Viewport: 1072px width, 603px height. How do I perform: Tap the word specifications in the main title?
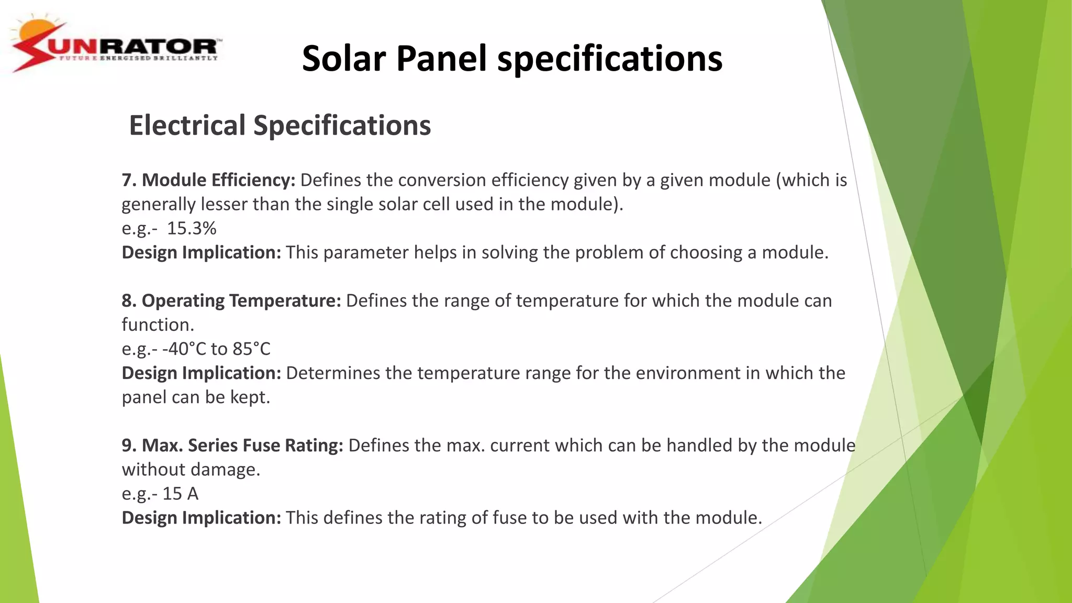click(x=610, y=59)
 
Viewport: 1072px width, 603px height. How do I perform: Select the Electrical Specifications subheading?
click(x=280, y=126)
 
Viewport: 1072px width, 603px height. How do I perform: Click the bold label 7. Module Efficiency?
click(x=208, y=180)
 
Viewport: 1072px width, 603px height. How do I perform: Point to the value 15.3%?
click(x=192, y=228)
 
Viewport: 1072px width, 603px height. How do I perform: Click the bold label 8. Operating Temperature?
click(x=231, y=300)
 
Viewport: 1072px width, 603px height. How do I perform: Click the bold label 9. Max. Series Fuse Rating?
click(x=232, y=445)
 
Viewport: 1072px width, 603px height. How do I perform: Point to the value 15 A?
click(x=180, y=494)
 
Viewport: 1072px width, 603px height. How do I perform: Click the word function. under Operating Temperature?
click(x=158, y=325)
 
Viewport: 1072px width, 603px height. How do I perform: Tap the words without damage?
click(x=191, y=470)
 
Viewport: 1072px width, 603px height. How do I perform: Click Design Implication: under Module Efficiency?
click(x=202, y=252)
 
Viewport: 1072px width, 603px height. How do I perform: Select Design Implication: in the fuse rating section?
click(x=202, y=518)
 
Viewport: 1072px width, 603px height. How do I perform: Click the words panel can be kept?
click(x=196, y=397)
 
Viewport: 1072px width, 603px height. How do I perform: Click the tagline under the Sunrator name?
click(x=139, y=58)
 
